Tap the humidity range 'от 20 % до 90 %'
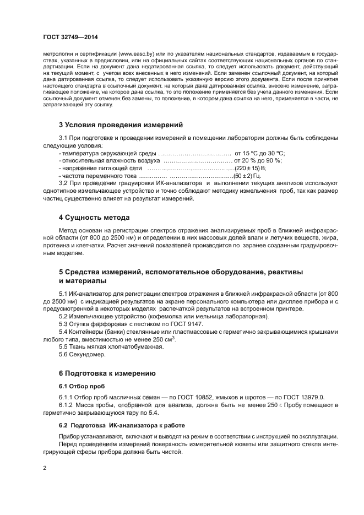point(258,160)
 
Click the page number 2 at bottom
point(45,468)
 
